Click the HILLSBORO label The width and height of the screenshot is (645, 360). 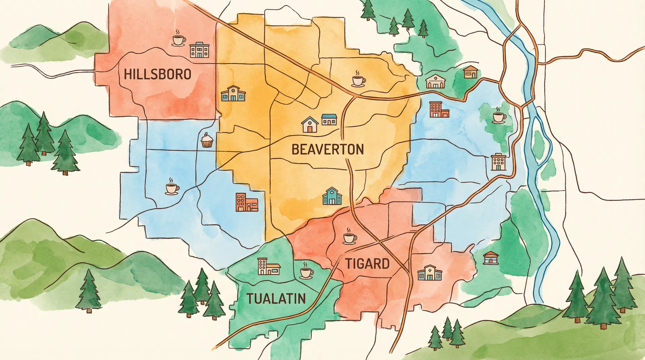pyautogui.click(x=158, y=74)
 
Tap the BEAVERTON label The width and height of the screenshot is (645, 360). pyautogui.click(x=328, y=149)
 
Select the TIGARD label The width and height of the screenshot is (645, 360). pyautogui.click(x=368, y=264)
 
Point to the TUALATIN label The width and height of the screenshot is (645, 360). pyautogui.click(x=276, y=299)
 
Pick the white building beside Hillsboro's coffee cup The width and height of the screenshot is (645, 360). pyautogui.click(x=199, y=50)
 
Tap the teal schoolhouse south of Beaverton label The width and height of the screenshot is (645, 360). pyautogui.click(x=332, y=196)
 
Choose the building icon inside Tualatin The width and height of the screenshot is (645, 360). pyautogui.click(x=268, y=267)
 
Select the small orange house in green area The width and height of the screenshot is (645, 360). pyautogui.click(x=471, y=72)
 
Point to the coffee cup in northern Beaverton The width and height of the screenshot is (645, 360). pyautogui.click(x=358, y=80)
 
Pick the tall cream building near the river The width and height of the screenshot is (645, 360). pyautogui.click(x=499, y=162)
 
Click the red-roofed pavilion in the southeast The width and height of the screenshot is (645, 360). pyautogui.click(x=490, y=258)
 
